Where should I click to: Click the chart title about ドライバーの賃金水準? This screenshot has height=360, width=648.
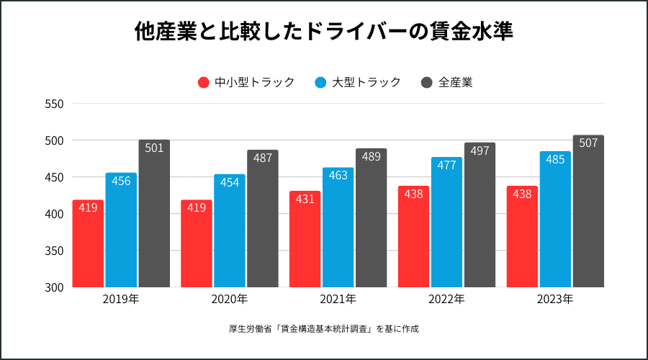point(324,32)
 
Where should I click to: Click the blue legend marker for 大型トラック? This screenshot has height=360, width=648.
point(320,82)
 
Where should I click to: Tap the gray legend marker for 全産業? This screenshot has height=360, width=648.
point(426,82)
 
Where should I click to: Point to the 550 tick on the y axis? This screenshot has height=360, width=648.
point(55,104)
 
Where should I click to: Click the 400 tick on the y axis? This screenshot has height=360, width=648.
point(55,214)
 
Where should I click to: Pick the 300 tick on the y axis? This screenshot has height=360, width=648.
point(55,287)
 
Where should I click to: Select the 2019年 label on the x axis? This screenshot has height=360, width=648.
point(121,299)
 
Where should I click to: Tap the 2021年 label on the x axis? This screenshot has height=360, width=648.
point(338,299)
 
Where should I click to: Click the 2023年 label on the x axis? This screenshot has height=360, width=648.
point(555,299)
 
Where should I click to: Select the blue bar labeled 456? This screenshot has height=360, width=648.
point(121,230)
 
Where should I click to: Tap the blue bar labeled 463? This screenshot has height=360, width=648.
point(338,228)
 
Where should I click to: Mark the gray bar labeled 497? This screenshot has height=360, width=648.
point(480,215)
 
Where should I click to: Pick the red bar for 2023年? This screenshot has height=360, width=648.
point(522,237)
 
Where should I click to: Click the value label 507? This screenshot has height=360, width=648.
point(588,143)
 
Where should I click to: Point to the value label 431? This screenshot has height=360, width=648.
point(305,199)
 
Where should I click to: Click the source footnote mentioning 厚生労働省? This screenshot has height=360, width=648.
point(324,329)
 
